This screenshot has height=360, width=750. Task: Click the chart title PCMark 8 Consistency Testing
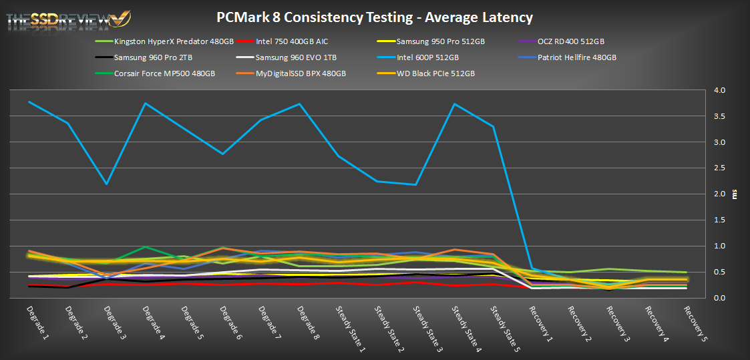pos(375,17)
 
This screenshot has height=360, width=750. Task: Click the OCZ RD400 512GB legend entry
pos(570,41)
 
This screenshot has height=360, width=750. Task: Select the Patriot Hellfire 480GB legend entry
pos(576,57)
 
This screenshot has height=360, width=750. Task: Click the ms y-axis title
pos(735,194)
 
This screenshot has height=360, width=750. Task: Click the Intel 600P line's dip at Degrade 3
pos(107,184)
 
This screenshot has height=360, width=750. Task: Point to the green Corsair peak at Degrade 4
pos(146,248)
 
